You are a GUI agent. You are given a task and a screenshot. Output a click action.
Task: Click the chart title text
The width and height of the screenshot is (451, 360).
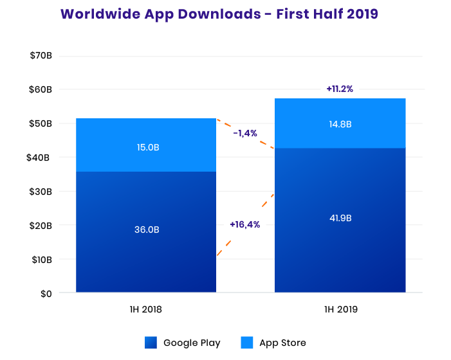tap(218, 14)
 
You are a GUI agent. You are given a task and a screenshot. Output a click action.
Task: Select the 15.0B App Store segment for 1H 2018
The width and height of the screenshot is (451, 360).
tap(145, 145)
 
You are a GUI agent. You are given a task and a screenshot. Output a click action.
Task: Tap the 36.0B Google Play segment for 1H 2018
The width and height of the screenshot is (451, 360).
tap(145, 231)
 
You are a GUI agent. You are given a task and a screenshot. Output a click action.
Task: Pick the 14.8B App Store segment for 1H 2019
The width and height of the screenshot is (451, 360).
tap(340, 123)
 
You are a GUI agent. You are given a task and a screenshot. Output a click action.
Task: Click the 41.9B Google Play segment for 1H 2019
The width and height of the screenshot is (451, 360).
tap(340, 219)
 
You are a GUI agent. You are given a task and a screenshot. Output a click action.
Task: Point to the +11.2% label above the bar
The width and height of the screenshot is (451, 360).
tap(340, 89)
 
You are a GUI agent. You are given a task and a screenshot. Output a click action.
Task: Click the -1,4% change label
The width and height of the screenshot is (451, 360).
tap(245, 133)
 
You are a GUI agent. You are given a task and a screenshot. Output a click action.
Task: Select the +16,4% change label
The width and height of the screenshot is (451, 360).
tap(244, 224)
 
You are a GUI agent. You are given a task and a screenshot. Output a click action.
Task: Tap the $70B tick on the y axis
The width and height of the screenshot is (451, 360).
tap(41, 55)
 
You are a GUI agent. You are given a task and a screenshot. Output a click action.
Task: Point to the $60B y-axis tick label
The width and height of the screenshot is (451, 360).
tap(41, 89)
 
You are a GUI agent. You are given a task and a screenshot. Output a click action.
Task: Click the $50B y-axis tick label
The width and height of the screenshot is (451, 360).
tap(41, 123)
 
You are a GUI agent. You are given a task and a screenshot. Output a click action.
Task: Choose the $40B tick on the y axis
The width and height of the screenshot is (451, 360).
tap(41, 157)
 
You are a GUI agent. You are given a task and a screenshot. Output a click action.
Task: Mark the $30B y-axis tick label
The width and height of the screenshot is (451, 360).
tap(41, 192)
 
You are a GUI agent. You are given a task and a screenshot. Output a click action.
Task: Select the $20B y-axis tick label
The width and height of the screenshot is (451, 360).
tap(41, 226)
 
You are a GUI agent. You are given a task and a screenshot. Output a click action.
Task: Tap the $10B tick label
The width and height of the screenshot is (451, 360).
tap(41, 260)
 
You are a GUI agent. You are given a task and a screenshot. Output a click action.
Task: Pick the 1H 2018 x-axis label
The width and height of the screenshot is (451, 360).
tap(145, 309)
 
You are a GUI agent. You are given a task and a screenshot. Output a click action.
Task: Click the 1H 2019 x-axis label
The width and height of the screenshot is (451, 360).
tap(340, 309)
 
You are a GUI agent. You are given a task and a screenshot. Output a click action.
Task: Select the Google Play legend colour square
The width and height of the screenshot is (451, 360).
tap(151, 343)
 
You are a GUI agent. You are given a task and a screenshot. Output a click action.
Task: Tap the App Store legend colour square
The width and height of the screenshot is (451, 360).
tap(247, 343)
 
